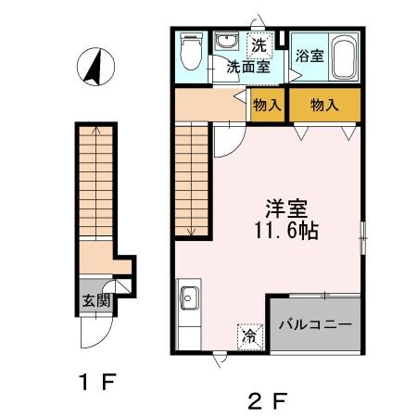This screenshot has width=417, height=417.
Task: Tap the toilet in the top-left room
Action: tap(190, 54)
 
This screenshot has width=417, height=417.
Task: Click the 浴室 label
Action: tap(309, 56)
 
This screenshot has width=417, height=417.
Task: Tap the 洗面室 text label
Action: tap(250, 67)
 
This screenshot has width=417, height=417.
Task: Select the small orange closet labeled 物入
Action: tap(267, 106)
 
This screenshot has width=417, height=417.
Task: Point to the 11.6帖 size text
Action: tap(287, 232)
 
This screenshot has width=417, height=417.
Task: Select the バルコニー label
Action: tap(315, 325)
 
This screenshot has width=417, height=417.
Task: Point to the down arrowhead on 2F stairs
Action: tap(189, 232)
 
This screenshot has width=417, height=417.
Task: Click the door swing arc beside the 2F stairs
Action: tap(229, 139)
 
